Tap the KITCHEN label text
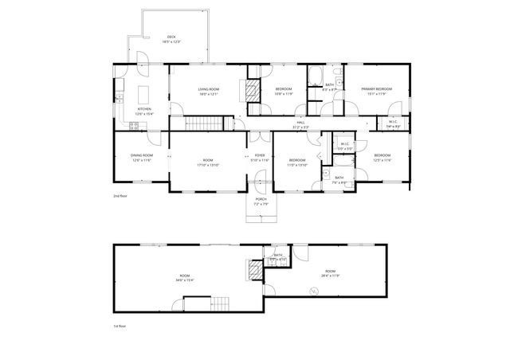[144, 109]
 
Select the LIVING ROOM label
[209, 89]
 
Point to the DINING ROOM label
[140, 155]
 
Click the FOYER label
[260, 155]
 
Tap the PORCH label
[261, 199]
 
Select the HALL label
[300, 123]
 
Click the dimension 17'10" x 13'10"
[208, 165]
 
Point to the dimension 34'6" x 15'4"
[185, 280]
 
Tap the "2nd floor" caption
[120, 194]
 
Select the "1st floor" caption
[120, 326]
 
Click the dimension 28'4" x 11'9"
[329, 276]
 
